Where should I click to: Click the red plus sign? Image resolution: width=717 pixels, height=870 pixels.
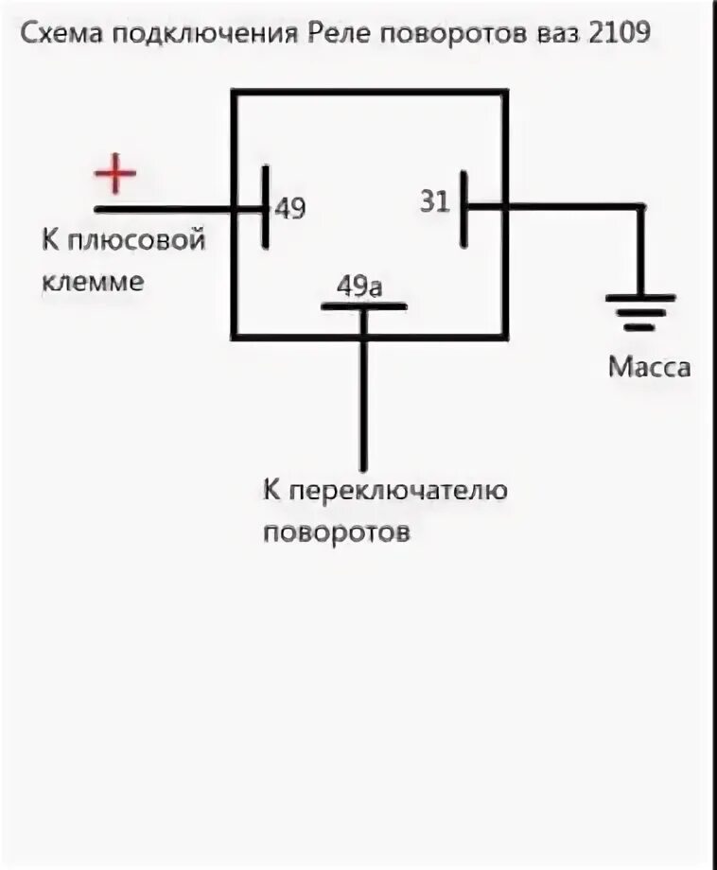click(115, 174)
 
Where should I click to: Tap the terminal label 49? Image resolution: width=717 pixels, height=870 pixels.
click(290, 209)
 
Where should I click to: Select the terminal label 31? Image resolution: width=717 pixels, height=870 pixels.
click(434, 202)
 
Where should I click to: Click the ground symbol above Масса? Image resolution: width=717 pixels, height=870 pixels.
click(640, 312)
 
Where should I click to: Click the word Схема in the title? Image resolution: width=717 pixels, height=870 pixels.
click(62, 35)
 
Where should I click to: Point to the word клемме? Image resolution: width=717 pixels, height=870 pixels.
click(93, 281)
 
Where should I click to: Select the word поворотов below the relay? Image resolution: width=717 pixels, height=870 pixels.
click(337, 531)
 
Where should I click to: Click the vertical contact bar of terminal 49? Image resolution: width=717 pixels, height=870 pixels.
click(266, 207)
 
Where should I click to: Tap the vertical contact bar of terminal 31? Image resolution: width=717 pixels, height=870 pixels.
click(464, 209)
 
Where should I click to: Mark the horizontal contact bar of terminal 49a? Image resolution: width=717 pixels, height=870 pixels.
click(364, 306)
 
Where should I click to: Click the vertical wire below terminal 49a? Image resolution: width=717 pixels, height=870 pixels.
click(364, 397)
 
